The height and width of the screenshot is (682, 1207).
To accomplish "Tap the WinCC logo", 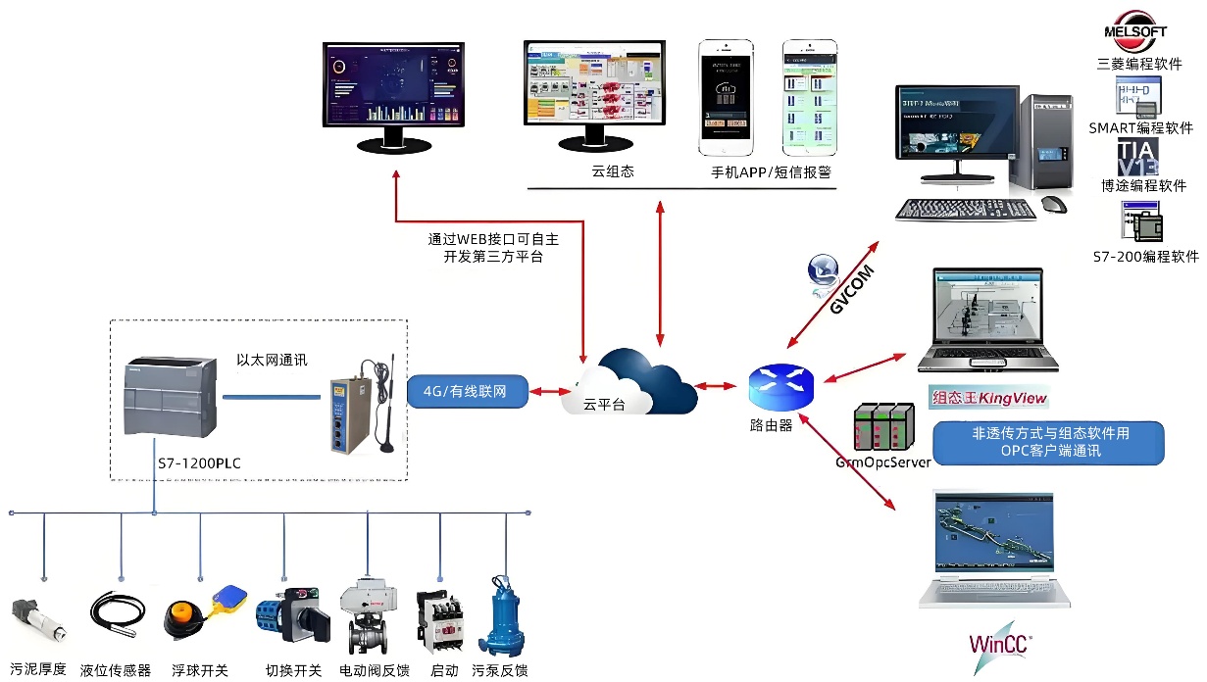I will (1000, 643).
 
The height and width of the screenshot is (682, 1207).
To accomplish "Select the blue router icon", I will (780, 387).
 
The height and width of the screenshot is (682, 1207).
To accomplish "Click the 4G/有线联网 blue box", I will (468, 391).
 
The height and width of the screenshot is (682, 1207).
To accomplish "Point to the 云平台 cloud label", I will (604, 404).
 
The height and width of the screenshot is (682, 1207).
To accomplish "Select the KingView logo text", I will (988, 399).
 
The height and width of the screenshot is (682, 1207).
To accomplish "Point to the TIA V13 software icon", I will (1137, 157).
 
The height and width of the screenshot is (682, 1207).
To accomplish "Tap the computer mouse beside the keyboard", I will (1054, 205).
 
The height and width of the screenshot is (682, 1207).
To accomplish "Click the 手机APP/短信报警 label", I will (771, 171).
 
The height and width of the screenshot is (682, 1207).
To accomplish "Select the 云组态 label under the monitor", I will (613, 171).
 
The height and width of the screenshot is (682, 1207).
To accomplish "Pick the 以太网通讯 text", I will (272, 360).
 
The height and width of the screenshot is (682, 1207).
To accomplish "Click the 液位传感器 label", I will (116, 671).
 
